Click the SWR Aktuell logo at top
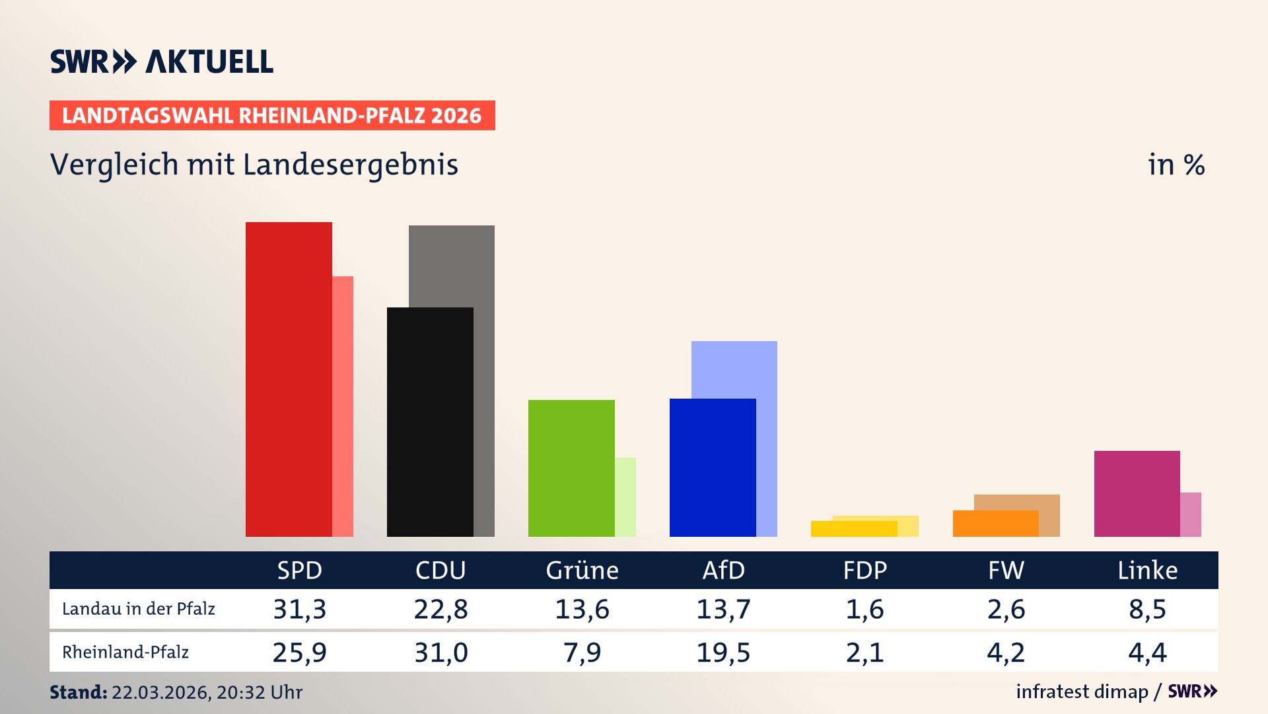pyautogui.click(x=162, y=61)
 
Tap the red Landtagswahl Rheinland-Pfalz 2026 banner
pyautogui.click(x=272, y=116)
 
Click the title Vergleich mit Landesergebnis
pyautogui.click(x=254, y=165)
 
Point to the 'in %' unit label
pyautogui.click(x=1176, y=165)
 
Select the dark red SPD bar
pyautogui.click(x=289, y=379)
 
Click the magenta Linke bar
pyautogui.click(x=1137, y=494)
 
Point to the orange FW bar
pyautogui.click(x=995, y=524)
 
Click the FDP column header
pyautogui.click(x=864, y=571)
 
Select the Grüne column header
pyautogui.click(x=582, y=571)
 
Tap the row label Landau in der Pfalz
pyautogui.click(x=139, y=609)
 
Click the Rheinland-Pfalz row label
pyautogui.click(x=125, y=653)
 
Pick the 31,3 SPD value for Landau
pyautogui.click(x=300, y=609)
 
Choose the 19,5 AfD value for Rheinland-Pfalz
pyautogui.click(x=723, y=653)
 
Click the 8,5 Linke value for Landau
pyautogui.click(x=1147, y=609)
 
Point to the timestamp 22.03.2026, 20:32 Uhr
pyautogui.click(x=207, y=692)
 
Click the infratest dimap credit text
pyautogui.click(x=1082, y=692)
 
